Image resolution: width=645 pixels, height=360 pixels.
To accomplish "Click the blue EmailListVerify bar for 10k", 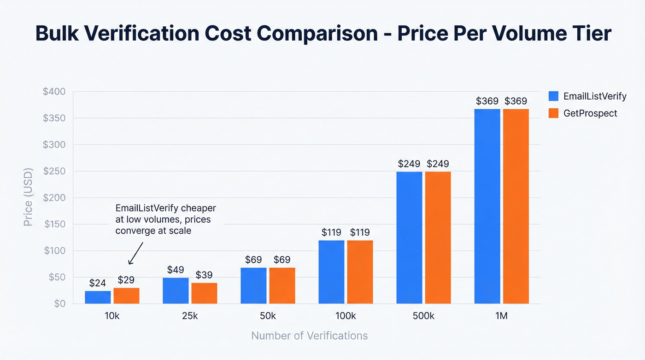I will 98,297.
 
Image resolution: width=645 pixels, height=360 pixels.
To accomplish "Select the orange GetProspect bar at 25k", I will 204,293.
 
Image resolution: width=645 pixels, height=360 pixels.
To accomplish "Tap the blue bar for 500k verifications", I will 409,237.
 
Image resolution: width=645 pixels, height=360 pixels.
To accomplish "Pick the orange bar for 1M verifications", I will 516,206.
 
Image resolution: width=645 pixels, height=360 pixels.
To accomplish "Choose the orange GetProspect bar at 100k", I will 360,272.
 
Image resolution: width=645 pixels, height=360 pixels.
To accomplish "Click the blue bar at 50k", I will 253,285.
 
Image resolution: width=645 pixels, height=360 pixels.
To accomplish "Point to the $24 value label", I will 98,283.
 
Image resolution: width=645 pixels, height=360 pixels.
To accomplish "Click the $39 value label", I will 204,275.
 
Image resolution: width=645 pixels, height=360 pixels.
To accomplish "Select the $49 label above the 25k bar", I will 176,269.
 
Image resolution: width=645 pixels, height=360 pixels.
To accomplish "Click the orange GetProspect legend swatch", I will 553,113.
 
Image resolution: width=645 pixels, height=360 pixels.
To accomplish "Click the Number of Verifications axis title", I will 309,336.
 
